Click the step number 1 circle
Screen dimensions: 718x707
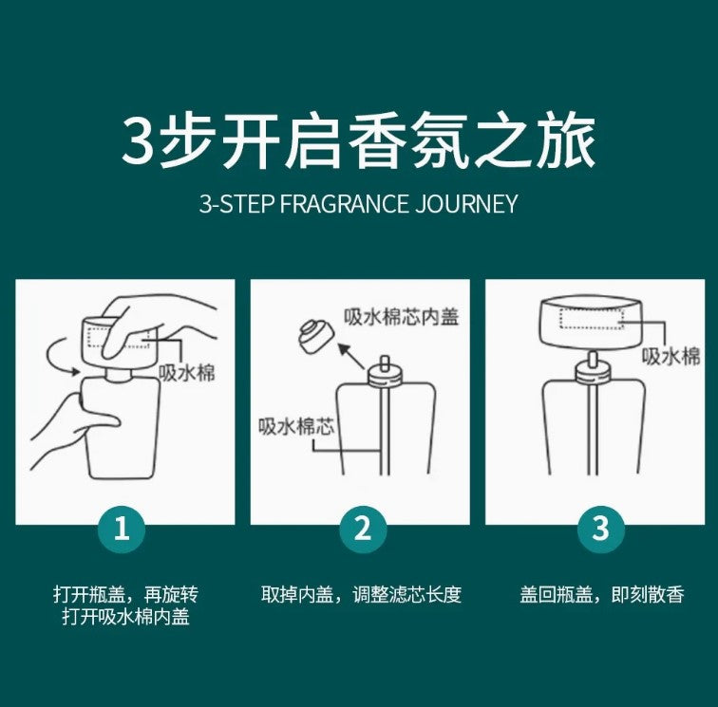122,530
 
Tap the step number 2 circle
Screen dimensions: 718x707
363,530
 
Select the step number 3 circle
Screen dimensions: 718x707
601,530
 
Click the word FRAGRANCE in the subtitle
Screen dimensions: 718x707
344,204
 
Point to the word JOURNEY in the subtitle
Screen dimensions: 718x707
466,204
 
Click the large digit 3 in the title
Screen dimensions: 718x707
137,141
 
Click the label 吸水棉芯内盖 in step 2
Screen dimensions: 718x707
401,316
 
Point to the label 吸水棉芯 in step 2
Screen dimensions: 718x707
296,426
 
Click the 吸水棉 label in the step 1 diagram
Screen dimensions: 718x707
187,373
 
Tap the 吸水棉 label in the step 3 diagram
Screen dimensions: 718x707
671,356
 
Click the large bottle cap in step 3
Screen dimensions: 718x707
591,322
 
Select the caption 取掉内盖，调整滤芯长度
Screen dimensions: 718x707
361,594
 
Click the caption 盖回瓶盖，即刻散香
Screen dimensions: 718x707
602,594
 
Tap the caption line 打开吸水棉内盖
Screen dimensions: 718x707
126,617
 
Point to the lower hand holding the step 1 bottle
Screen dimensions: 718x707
73,428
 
